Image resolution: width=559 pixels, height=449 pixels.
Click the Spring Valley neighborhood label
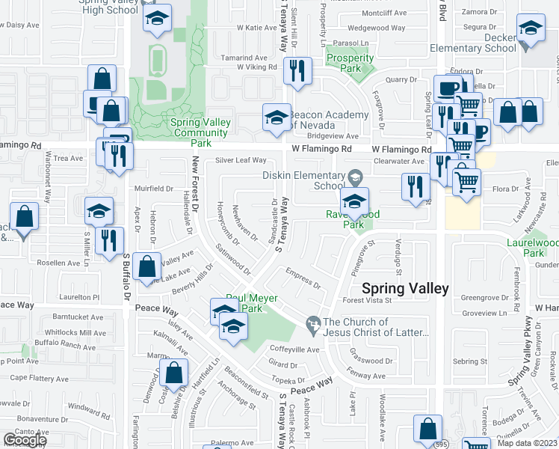(x=405, y=289)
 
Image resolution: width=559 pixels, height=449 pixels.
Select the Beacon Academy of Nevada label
(x=330, y=120)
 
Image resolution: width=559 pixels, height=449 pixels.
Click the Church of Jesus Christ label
(x=375, y=327)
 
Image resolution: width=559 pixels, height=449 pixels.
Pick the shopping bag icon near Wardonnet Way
(x=24, y=217)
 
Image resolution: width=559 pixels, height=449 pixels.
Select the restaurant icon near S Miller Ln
(x=109, y=241)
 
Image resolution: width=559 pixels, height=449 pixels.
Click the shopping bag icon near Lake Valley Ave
(x=149, y=266)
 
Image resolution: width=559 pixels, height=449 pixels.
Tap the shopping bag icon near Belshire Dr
(x=174, y=373)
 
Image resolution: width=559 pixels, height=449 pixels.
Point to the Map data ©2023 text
(x=528, y=443)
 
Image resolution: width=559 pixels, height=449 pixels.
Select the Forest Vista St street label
(x=367, y=301)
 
